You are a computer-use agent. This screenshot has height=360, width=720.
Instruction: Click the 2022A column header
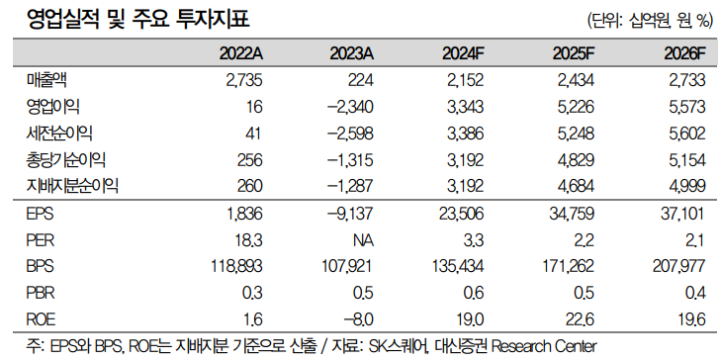(x=240, y=53)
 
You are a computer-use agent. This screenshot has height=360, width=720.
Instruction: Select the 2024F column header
(x=463, y=53)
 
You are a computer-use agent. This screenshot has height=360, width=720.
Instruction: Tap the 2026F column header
(x=684, y=53)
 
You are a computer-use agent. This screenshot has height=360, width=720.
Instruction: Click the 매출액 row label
(x=46, y=81)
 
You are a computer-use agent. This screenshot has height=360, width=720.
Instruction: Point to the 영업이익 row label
(x=52, y=108)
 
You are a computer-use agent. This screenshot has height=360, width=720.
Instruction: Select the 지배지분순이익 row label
(x=72, y=186)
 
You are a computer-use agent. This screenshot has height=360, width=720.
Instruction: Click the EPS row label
(x=41, y=213)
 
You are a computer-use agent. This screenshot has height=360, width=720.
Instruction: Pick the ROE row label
(x=42, y=318)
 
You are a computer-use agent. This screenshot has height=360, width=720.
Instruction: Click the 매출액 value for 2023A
(x=362, y=81)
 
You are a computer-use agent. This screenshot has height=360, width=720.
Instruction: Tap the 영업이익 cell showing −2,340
(x=351, y=108)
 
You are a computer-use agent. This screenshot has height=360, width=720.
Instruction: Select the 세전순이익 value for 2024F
(x=463, y=134)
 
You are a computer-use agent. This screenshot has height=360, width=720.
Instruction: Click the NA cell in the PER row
(x=363, y=239)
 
